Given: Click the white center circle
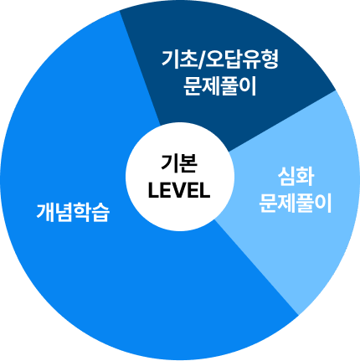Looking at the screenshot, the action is pyautogui.click(x=180, y=178).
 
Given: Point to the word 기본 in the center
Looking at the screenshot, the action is pyautogui.click(x=179, y=163).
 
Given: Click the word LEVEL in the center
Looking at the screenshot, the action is pyautogui.click(x=179, y=191).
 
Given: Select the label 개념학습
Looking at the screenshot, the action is pyautogui.click(x=73, y=213).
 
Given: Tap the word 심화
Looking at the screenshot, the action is pyautogui.click(x=296, y=177).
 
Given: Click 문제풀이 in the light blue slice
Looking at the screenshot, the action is pyautogui.click(x=296, y=204).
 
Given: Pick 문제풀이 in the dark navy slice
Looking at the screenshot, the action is pyautogui.click(x=220, y=86).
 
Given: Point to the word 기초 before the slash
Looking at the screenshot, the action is pyautogui.click(x=179, y=59).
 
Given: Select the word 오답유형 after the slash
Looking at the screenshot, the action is pyautogui.click(x=242, y=59).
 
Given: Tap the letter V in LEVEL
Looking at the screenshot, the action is pyautogui.click(x=179, y=191).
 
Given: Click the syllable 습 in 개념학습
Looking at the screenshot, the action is pyautogui.click(x=100, y=213).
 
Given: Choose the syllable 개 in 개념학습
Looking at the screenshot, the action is pyautogui.click(x=45, y=213).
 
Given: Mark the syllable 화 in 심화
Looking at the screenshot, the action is pyautogui.click(x=305, y=177).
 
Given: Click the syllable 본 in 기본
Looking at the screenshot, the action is pyautogui.click(x=188, y=163).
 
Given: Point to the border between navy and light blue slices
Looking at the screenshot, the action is pyautogui.click(x=282, y=121).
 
